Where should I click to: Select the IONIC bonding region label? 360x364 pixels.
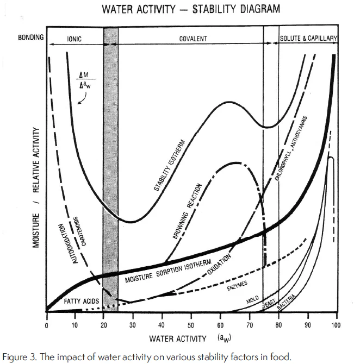pos(75,39)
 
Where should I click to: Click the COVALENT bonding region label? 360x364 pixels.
pos(193,39)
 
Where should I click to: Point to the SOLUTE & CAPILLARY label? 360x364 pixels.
pos(308,39)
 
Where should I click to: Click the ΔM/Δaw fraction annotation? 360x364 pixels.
pos(84,79)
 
